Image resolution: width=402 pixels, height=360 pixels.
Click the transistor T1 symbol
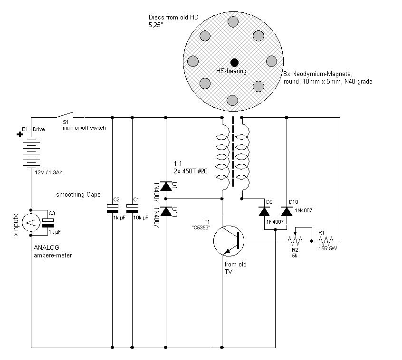[x=229, y=241]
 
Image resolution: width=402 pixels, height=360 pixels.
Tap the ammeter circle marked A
[x=31, y=222]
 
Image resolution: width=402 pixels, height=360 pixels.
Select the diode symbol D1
[x=166, y=186]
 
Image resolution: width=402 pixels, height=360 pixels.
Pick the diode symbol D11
[x=166, y=211]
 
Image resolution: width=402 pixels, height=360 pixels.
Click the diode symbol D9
[x=264, y=211]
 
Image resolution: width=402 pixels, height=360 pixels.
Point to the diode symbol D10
[x=287, y=211]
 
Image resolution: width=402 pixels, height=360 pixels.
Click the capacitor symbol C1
[x=132, y=208]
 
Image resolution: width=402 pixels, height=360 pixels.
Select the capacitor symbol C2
[x=112, y=208]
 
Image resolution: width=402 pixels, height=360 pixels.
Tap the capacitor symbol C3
[x=48, y=223]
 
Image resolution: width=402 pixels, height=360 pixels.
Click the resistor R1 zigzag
[x=326, y=241]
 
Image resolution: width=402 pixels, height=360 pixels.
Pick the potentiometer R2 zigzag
[x=295, y=241]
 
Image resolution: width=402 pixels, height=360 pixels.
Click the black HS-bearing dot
[x=234, y=63]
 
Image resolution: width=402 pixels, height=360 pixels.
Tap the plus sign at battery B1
[x=19, y=134]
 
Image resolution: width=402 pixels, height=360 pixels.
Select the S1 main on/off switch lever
[x=65, y=114]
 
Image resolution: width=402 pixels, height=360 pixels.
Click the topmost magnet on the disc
[x=233, y=22]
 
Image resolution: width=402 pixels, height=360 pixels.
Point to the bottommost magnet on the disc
[x=232, y=100]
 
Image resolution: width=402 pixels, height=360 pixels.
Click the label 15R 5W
[x=327, y=248]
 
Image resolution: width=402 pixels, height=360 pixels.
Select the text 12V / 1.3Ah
[x=48, y=172]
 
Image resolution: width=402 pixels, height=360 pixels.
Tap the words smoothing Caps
[x=78, y=195]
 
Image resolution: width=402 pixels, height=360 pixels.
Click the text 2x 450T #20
[x=190, y=171]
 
